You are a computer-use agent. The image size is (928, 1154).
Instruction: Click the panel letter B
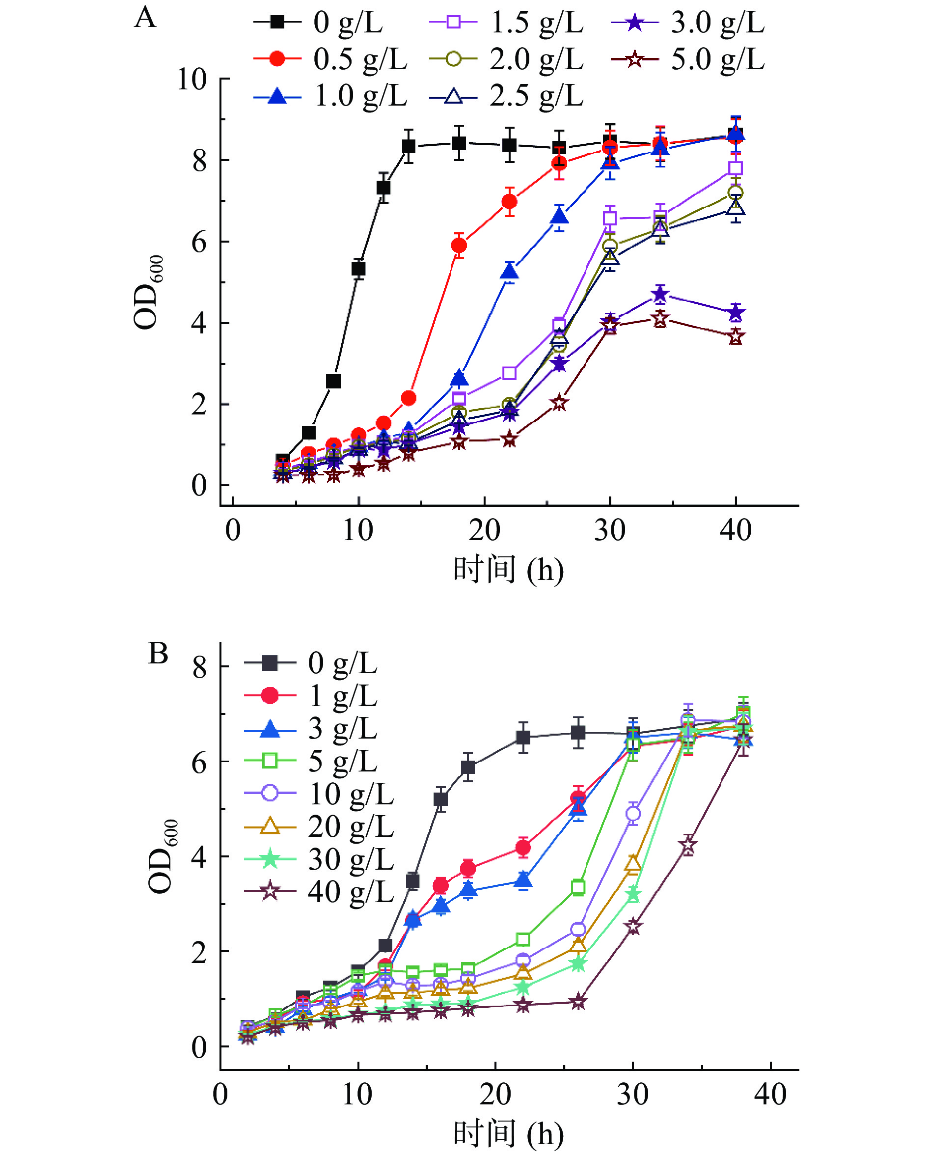click(158, 654)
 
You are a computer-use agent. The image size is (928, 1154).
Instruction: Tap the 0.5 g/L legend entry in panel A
click(331, 59)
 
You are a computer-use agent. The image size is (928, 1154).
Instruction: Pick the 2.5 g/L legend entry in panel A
click(507, 96)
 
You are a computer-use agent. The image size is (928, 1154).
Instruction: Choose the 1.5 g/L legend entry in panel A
click(507, 23)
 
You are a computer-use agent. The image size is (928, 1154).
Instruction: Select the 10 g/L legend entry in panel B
click(320, 793)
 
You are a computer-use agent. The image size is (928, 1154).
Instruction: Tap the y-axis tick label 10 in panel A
click(191, 79)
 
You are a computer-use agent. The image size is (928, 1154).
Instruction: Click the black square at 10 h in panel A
click(358, 269)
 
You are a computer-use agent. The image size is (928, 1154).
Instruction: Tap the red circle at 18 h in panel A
click(459, 245)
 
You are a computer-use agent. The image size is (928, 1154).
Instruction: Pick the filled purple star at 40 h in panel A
click(736, 312)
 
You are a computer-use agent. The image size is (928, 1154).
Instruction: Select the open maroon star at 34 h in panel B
click(688, 846)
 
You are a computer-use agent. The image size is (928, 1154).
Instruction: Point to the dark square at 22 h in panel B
click(523, 738)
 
